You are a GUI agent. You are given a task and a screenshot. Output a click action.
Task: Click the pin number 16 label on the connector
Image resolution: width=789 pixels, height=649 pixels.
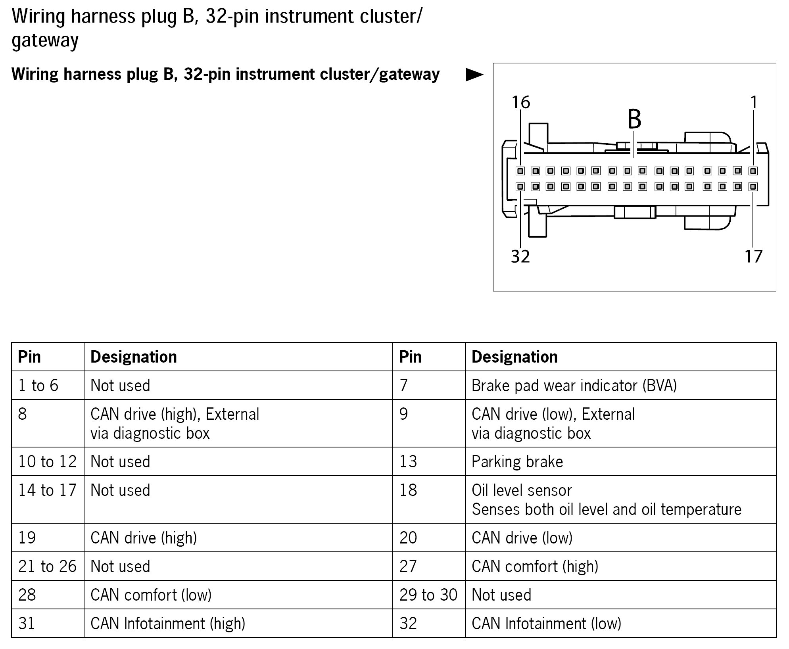coord(520,102)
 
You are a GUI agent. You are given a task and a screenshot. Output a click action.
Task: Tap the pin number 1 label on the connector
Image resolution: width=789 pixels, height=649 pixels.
coord(754,102)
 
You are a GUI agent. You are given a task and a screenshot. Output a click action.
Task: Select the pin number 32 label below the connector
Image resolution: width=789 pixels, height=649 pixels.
coord(520,257)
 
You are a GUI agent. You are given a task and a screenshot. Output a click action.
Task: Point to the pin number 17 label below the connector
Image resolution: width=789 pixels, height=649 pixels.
coord(753,257)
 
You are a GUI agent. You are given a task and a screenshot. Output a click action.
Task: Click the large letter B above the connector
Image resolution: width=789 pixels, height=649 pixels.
coord(634,119)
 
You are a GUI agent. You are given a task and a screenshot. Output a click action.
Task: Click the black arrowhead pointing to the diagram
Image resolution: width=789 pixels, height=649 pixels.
coord(474,75)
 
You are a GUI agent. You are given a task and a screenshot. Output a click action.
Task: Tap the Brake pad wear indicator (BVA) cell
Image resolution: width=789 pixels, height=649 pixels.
coord(574,386)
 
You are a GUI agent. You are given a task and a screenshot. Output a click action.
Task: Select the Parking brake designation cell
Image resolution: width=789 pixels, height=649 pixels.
coord(517,462)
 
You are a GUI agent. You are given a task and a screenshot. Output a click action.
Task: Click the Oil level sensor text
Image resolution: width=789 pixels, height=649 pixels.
coord(522,491)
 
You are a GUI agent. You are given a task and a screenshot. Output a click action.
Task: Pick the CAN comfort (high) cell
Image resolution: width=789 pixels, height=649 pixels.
coord(535,566)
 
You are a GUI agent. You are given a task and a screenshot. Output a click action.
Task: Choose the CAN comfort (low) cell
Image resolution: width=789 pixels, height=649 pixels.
coord(151,595)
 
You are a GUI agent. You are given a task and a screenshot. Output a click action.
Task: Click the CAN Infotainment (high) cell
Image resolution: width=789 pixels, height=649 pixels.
coord(168,624)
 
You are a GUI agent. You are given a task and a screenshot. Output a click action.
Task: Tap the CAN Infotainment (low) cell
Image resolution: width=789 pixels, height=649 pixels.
coord(546,624)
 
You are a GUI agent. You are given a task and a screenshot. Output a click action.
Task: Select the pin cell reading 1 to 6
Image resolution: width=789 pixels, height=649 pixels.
coord(38,386)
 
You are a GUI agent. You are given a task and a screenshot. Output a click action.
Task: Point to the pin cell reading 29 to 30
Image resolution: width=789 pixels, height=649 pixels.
coord(428,595)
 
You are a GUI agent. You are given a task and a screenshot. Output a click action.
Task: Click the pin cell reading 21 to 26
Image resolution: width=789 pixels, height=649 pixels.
coord(47,566)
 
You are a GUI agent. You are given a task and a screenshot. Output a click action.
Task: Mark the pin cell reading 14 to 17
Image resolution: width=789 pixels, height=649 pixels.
coord(47,491)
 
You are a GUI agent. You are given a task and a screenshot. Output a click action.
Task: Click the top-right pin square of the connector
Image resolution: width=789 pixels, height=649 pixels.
coord(753,171)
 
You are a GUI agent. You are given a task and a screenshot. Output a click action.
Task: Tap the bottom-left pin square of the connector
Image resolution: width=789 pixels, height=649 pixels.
coord(520,186)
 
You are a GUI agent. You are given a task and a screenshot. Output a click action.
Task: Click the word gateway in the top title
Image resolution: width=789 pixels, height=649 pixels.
coord(45,40)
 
